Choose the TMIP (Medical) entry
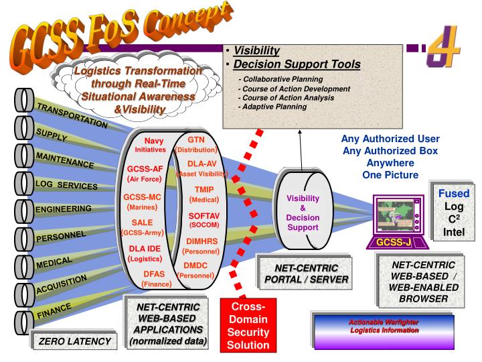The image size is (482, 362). tap(204, 194)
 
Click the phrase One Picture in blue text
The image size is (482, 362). tap(391, 174)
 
